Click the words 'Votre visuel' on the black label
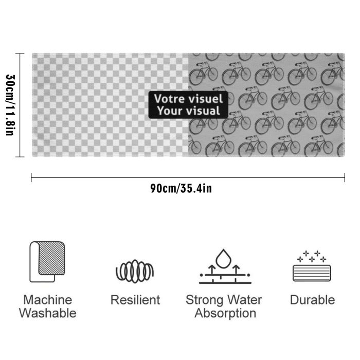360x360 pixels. click(188, 99)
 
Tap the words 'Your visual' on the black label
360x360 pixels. click(189, 111)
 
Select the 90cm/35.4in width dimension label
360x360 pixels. click(181, 189)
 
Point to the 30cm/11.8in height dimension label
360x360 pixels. click(10, 105)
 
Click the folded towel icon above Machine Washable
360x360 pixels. click(47, 261)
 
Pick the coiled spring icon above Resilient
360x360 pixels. click(135, 272)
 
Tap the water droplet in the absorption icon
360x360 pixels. click(223, 259)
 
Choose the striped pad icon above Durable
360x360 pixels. click(312, 273)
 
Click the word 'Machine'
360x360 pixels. click(48, 300)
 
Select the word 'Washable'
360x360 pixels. click(47, 313)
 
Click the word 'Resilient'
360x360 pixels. click(135, 300)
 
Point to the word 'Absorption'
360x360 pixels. click(225, 314)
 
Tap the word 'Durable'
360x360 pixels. click(312, 300)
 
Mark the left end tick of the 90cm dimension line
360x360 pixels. click(31, 178)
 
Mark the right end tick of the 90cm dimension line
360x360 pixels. click(345, 178)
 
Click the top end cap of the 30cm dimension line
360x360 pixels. click(20, 53)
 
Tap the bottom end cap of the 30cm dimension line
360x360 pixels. click(20, 157)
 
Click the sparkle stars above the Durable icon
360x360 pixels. click(312, 256)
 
